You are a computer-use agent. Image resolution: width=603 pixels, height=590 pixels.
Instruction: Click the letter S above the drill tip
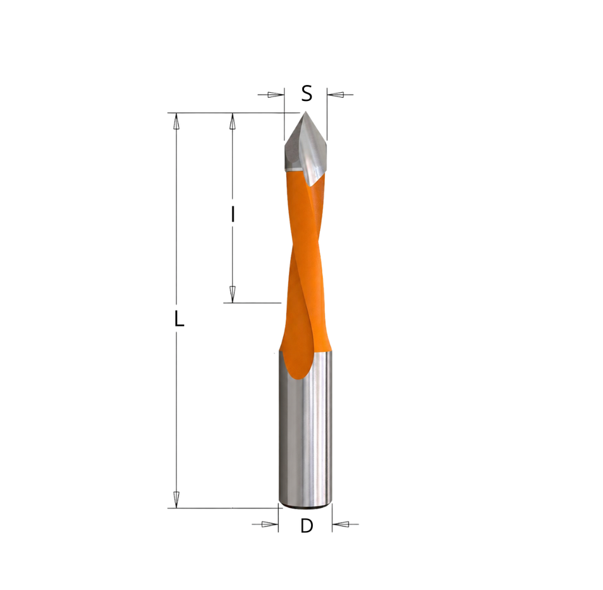click(307, 93)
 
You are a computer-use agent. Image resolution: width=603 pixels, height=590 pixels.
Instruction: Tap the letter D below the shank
click(307, 526)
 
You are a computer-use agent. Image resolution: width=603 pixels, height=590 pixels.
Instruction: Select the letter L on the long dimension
click(179, 319)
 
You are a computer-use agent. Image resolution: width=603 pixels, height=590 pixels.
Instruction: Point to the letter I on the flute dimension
click(233, 215)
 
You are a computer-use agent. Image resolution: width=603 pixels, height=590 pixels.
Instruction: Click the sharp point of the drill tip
click(305, 112)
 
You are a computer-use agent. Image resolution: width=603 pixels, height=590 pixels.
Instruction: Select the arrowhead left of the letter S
click(275, 95)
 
